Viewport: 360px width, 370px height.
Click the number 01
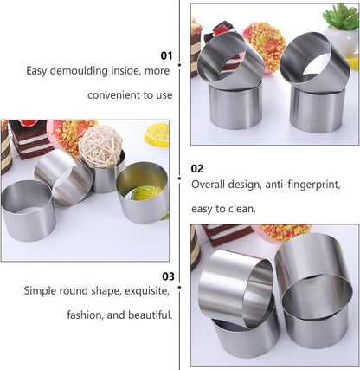(x=167, y=55)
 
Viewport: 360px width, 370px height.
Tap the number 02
(x=197, y=168)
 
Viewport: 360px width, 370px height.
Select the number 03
(x=168, y=276)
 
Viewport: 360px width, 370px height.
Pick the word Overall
(x=210, y=185)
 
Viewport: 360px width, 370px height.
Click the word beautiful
(x=149, y=315)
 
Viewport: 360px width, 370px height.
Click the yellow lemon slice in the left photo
(x=157, y=133)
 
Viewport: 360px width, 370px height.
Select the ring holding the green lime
(x=142, y=192)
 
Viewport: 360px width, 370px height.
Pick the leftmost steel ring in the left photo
(x=28, y=208)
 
